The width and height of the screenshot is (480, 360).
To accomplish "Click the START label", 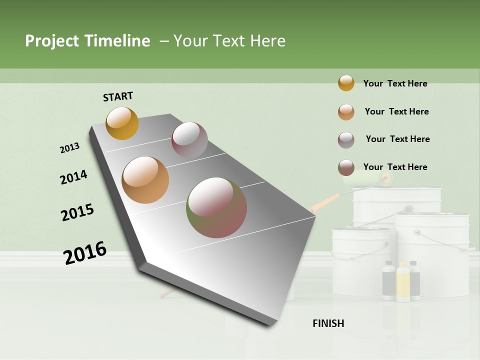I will (x=118, y=96).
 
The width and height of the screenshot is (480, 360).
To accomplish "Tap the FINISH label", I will (x=328, y=323).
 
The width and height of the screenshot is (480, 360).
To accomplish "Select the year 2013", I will (x=69, y=148).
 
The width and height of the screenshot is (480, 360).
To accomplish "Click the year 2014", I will (x=73, y=177).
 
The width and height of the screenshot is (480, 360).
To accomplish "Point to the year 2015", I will (x=77, y=212).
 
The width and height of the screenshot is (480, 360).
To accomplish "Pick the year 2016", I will (x=85, y=253).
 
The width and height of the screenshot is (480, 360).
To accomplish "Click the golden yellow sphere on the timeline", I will (x=122, y=123).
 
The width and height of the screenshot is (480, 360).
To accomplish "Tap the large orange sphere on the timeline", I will (x=145, y=180).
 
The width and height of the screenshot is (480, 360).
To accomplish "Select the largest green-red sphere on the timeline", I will (x=216, y=207).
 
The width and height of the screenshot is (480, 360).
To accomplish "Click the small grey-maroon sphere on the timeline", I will (x=189, y=140).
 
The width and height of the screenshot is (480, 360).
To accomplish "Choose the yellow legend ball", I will (x=346, y=83).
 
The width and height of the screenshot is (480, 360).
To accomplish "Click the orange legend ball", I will (x=346, y=112).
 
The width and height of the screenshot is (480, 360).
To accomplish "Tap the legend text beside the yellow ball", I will (x=395, y=83).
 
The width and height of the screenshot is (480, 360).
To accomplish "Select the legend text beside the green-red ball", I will (x=395, y=167).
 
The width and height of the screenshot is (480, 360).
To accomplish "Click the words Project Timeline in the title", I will (x=87, y=41).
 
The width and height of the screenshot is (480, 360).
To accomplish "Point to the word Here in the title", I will (x=267, y=41).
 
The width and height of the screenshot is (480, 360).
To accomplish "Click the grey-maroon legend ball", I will (x=346, y=140).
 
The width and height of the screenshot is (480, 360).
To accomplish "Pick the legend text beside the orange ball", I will (x=396, y=111).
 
